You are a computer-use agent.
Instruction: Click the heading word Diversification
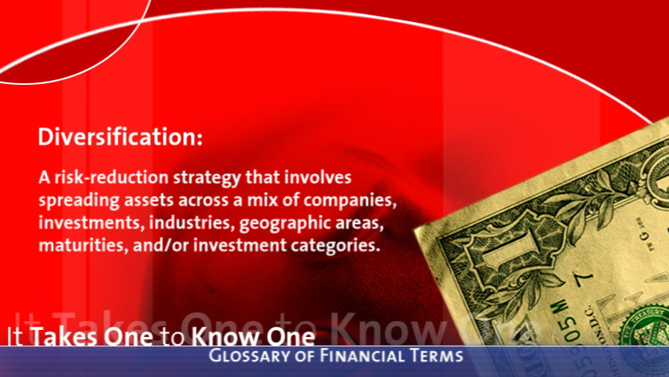click(120, 137)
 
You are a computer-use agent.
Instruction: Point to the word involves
click(317, 178)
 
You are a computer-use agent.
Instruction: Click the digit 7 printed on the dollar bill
click(584, 277)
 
